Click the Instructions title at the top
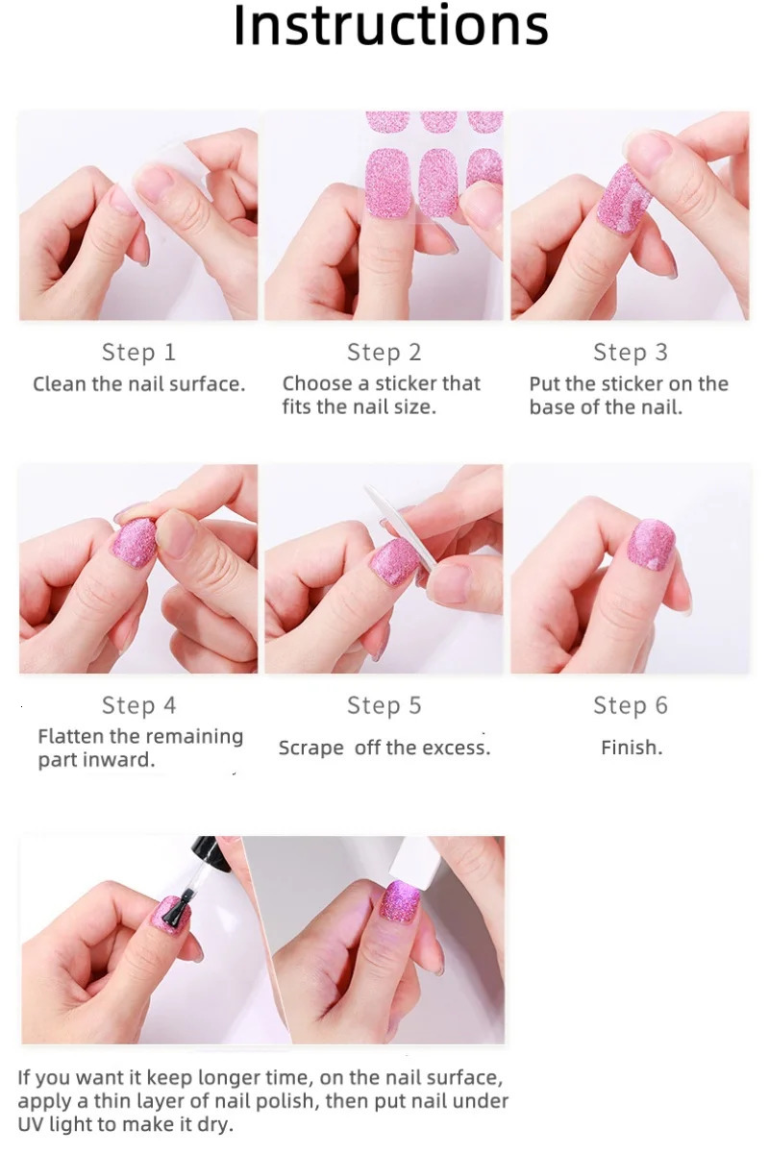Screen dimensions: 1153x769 [x=390, y=27]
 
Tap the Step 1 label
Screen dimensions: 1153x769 [x=139, y=353]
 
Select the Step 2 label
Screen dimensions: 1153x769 [x=384, y=353]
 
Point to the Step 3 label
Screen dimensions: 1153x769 [x=631, y=353]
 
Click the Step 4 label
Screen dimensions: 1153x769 [x=139, y=706]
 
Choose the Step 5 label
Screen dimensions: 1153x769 [x=384, y=706]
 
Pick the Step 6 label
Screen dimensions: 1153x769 [x=631, y=706]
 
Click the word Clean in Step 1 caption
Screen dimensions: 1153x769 [x=61, y=384]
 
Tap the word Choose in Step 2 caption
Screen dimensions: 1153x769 [x=317, y=383]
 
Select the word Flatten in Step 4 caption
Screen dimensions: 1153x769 [x=71, y=737]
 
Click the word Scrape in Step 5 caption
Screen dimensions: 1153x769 [x=310, y=748]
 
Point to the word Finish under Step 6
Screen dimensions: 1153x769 [x=631, y=748]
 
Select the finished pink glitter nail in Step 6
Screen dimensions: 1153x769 [x=651, y=544]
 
